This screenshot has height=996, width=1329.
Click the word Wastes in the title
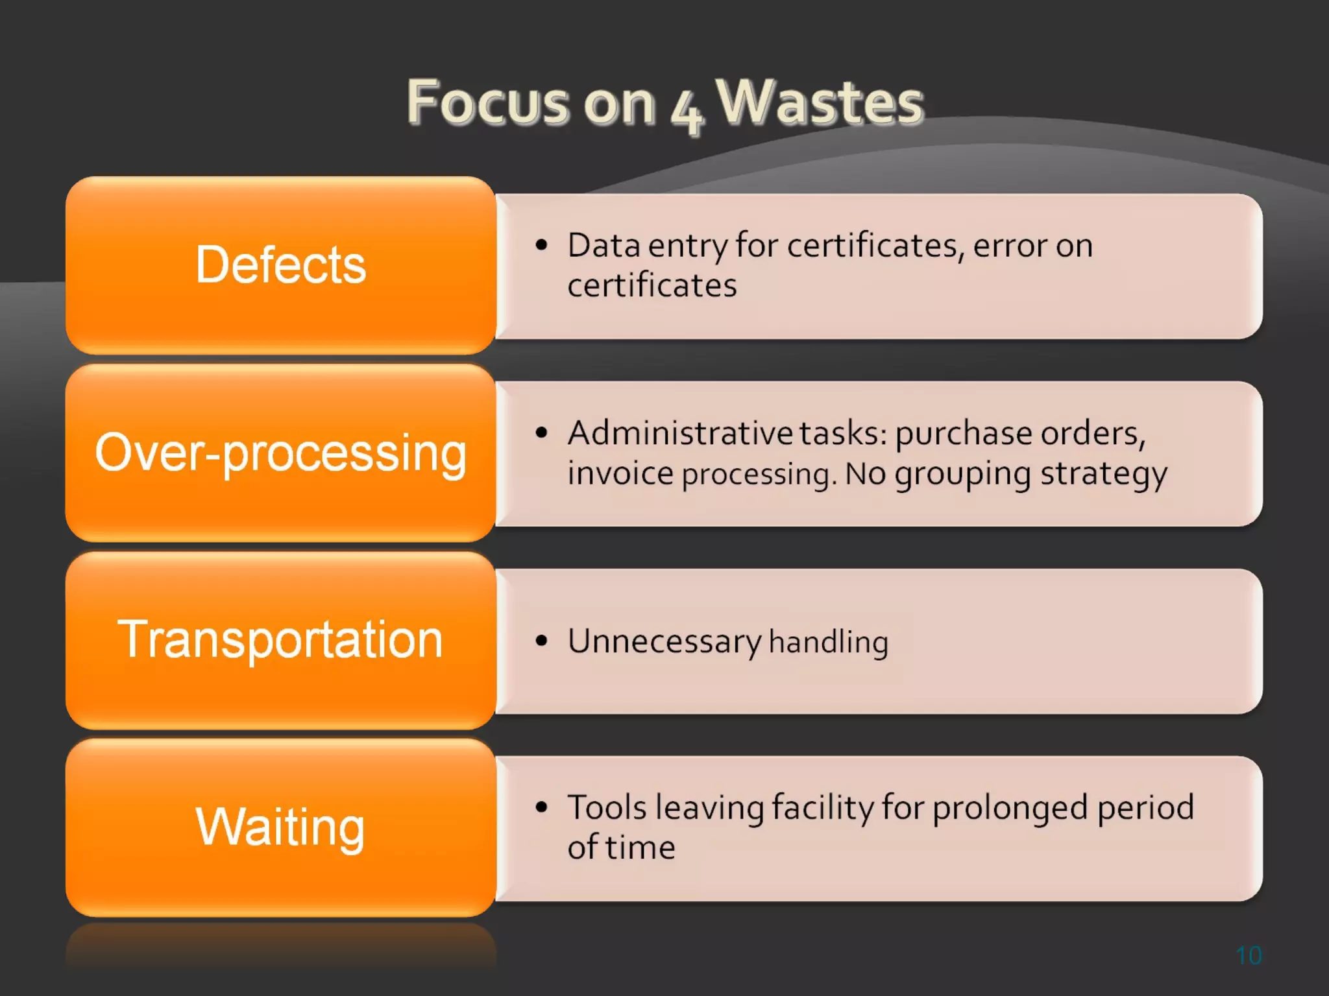pos(819,102)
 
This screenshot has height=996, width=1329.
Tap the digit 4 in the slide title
pos(686,112)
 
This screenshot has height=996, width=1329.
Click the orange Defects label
pos(280,265)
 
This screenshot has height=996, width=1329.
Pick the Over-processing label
pos(280,453)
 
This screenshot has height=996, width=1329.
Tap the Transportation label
pos(280,639)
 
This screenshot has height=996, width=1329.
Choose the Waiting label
pos(280,827)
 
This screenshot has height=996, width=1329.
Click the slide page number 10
pos(1249,955)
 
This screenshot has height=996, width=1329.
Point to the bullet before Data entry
pos(542,245)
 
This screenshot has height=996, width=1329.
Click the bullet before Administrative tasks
pos(542,433)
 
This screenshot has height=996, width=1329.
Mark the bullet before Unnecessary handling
pos(542,641)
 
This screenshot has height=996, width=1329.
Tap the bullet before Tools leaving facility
pos(542,807)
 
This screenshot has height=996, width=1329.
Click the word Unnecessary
pos(664,642)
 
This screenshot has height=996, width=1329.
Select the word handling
pos(828,642)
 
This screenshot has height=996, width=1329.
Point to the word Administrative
pos(679,433)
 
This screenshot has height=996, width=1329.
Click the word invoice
pos(620,473)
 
